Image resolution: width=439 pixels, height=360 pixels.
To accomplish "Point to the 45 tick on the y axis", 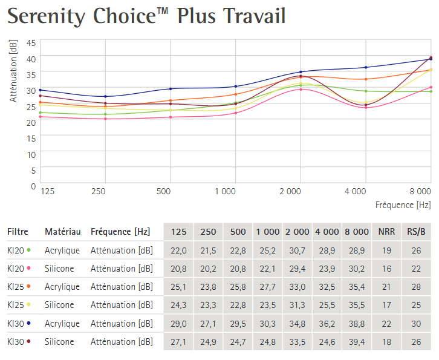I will coord(31,43).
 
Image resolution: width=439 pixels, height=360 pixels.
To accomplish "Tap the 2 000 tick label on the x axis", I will coord(290,191).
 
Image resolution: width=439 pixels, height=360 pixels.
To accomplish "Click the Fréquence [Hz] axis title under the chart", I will coord(403,205).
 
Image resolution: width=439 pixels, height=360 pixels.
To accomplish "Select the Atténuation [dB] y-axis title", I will coord(13,70).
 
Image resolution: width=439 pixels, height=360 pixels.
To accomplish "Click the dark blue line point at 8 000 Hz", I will coord(431,59).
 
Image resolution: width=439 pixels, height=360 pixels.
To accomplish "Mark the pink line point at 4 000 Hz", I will coord(365,108).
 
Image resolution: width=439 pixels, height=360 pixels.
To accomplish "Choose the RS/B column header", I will coord(416,231).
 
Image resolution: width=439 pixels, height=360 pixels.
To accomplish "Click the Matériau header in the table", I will coord(62,231).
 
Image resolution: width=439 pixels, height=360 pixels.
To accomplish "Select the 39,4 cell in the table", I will coord(357,342).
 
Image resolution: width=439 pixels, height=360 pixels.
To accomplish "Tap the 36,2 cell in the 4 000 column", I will coord(327,324).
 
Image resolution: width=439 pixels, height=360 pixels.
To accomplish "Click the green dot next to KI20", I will coord(28,250).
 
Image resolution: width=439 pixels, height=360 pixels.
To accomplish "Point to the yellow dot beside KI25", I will coord(28,305).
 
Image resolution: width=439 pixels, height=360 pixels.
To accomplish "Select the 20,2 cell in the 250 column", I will coord(208,268).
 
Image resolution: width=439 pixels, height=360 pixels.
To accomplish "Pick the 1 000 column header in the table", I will coord(267,231).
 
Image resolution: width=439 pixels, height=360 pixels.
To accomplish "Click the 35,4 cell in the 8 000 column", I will coord(357,287).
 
